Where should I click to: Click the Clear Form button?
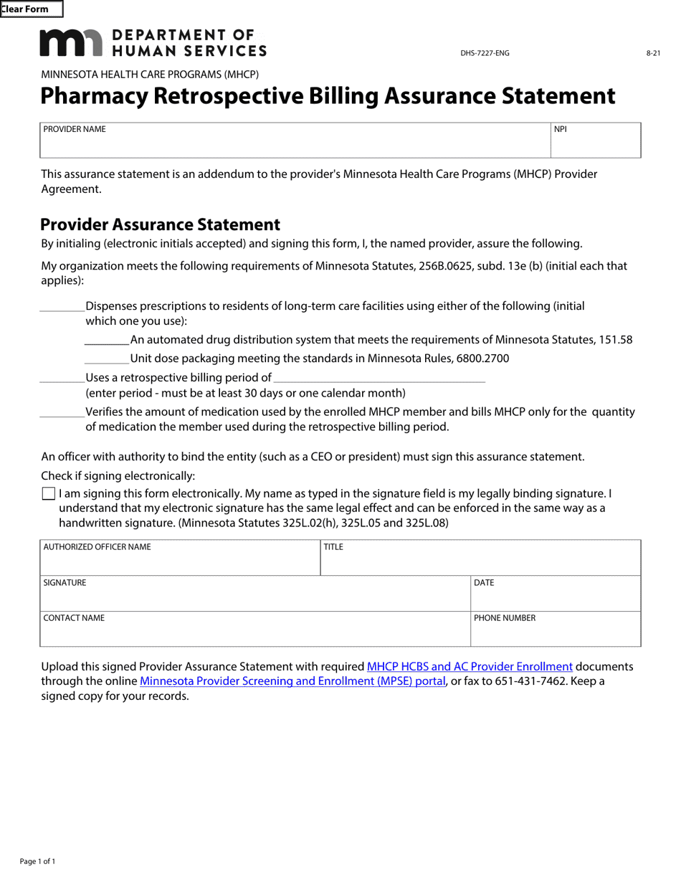[x=31, y=9]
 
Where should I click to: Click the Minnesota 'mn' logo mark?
[x=71, y=43]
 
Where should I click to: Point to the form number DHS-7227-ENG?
[x=485, y=54]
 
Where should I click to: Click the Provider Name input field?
[x=295, y=146]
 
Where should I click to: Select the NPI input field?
[x=595, y=146]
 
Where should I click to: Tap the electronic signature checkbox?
[x=49, y=493]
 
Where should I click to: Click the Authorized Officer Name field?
[x=180, y=563]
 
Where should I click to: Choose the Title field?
[x=480, y=563]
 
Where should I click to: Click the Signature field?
[x=254, y=599]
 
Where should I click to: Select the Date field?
[x=556, y=599]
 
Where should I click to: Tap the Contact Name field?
[x=254, y=634]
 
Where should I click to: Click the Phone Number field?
[x=556, y=634]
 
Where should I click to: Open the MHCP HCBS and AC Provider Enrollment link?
[x=470, y=666]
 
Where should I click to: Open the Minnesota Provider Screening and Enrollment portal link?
[x=292, y=681]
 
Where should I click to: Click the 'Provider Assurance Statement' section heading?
[x=161, y=225]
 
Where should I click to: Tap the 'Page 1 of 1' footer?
[x=37, y=861]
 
